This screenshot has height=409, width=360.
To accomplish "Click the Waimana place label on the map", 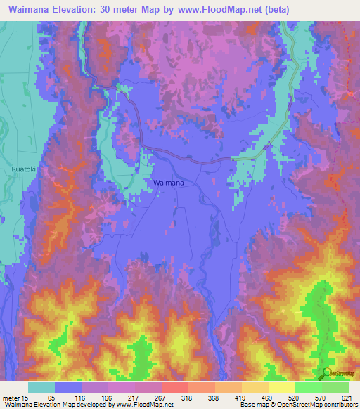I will (169, 182).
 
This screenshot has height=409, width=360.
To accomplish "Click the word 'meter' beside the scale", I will (10, 398).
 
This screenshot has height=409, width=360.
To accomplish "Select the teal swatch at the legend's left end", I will (41, 387).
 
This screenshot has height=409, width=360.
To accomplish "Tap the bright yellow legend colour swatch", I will (281, 387).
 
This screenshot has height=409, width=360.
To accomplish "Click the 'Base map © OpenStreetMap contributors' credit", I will (297, 405).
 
